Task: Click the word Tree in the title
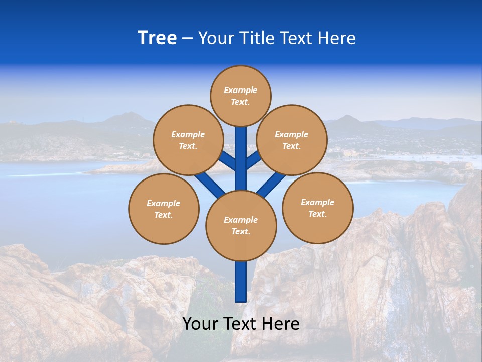coord(157,38)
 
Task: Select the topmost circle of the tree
coord(240,96)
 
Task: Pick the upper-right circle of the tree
coord(292,140)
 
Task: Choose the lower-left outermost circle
coord(164,209)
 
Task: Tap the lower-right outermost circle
coord(318,208)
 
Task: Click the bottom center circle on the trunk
coord(241,225)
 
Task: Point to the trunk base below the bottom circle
coord(241,282)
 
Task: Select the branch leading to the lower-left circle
coord(209,183)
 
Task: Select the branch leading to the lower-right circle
coord(271,184)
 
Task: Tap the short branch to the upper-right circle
coord(253,160)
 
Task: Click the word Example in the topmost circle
coord(240,90)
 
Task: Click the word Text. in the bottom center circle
coord(240,231)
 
